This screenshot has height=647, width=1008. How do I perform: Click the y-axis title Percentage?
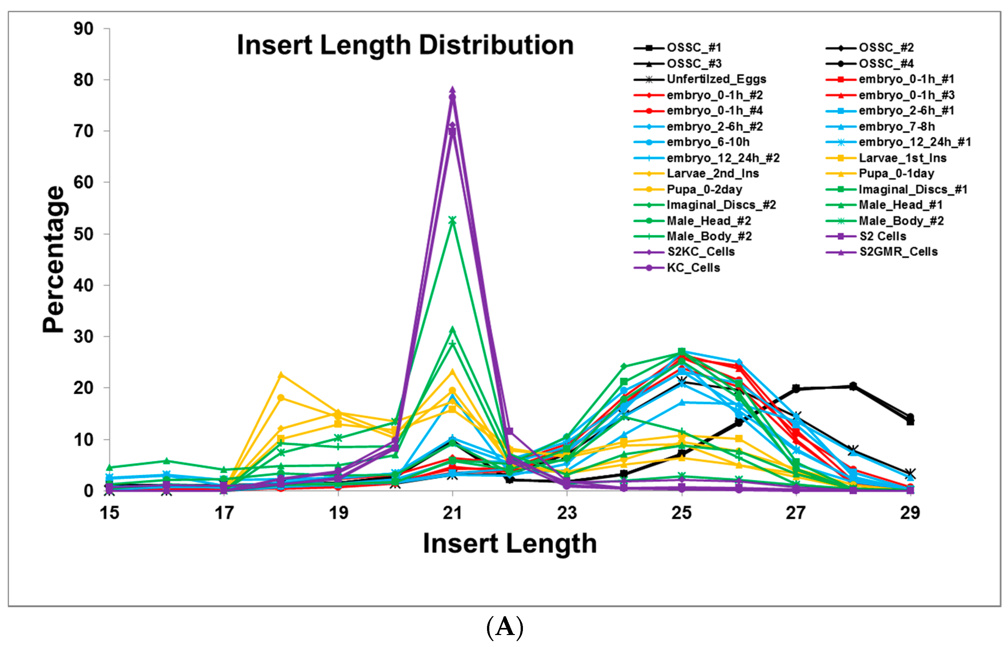click(x=53, y=259)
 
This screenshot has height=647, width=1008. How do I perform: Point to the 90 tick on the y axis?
click(x=83, y=28)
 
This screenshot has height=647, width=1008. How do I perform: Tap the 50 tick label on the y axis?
click(x=83, y=234)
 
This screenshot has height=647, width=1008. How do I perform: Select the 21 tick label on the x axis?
click(x=452, y=513)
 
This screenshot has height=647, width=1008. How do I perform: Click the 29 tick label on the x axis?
click(x=910, y=513)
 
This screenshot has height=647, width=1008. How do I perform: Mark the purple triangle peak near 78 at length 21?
click(x=452, y=90)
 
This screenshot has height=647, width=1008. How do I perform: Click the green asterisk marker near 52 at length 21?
click(x=452, y=220)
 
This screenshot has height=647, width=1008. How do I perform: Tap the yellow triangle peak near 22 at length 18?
click(x=281, y=374)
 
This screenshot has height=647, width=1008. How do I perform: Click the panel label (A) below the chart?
click(x=504, y=627)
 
